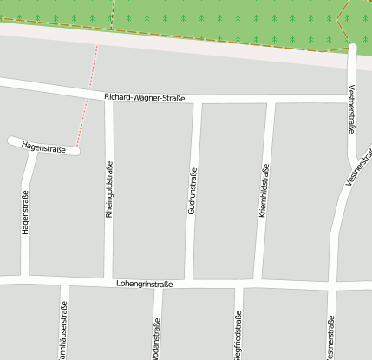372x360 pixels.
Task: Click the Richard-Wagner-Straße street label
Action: point(144,98)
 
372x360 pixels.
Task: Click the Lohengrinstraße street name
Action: point(144,284)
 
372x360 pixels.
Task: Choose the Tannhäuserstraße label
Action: point(63,331)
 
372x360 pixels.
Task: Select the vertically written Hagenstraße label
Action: point(26,213)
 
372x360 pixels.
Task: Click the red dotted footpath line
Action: point(87,95)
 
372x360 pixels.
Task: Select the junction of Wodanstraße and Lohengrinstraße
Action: point(158,285)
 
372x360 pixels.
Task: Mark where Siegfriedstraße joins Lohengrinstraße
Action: point(238,285)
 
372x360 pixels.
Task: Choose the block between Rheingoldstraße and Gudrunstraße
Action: point(151,191)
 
